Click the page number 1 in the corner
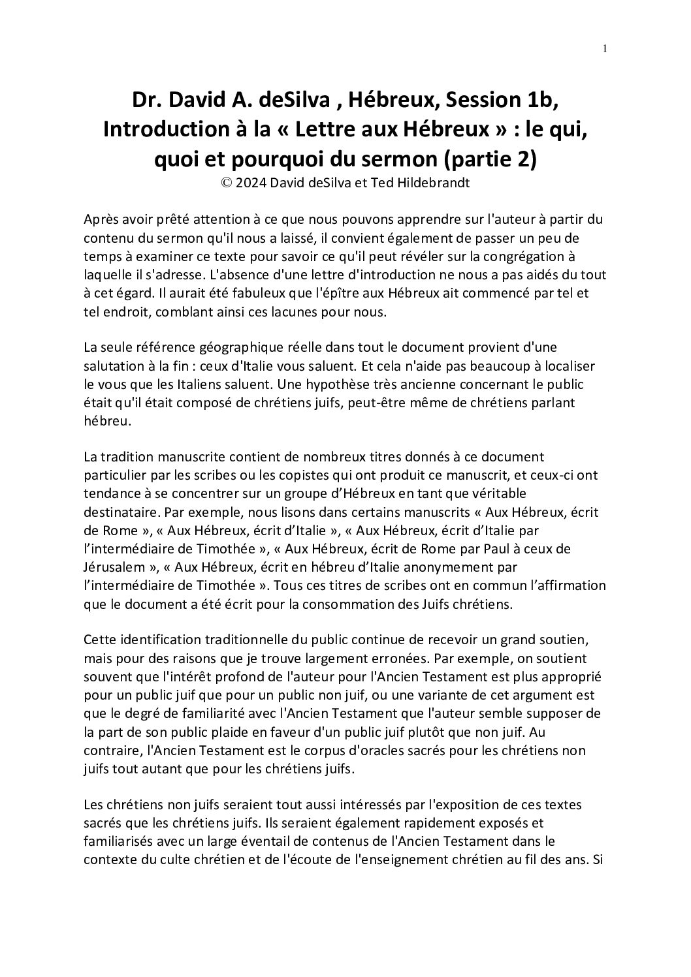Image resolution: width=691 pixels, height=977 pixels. pos(605,48)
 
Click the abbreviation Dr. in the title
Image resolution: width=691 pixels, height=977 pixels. pos(147,101)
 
